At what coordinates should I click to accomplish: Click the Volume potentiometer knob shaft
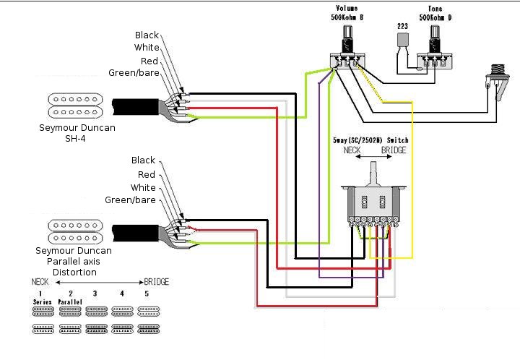click(347, 33)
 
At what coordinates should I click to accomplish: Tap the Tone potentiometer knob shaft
click(435, 33)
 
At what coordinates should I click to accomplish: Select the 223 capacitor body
click(402, 39)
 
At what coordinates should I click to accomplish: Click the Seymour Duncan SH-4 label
click(77, 133)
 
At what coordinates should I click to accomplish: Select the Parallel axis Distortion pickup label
click(74, 261)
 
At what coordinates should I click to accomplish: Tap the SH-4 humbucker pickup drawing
click(75, 106)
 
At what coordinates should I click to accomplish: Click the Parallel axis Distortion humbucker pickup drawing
click(75, 231)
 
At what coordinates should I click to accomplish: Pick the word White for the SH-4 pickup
click(147, 48)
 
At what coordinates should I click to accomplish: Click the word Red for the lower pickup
click(147, 174)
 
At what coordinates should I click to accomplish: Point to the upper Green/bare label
click(134, 73)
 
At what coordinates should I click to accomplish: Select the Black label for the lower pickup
click(143, 160)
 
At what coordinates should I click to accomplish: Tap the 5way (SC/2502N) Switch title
click(370, 140)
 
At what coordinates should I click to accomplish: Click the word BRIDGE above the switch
click(394, 150)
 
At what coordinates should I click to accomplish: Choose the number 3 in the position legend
click(95, 293)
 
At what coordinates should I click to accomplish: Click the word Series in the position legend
click(43, 302)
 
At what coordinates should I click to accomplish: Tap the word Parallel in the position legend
click(70, 302)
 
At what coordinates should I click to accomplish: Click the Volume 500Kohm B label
click(347, 12)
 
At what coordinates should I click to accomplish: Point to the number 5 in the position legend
click(147, 293)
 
